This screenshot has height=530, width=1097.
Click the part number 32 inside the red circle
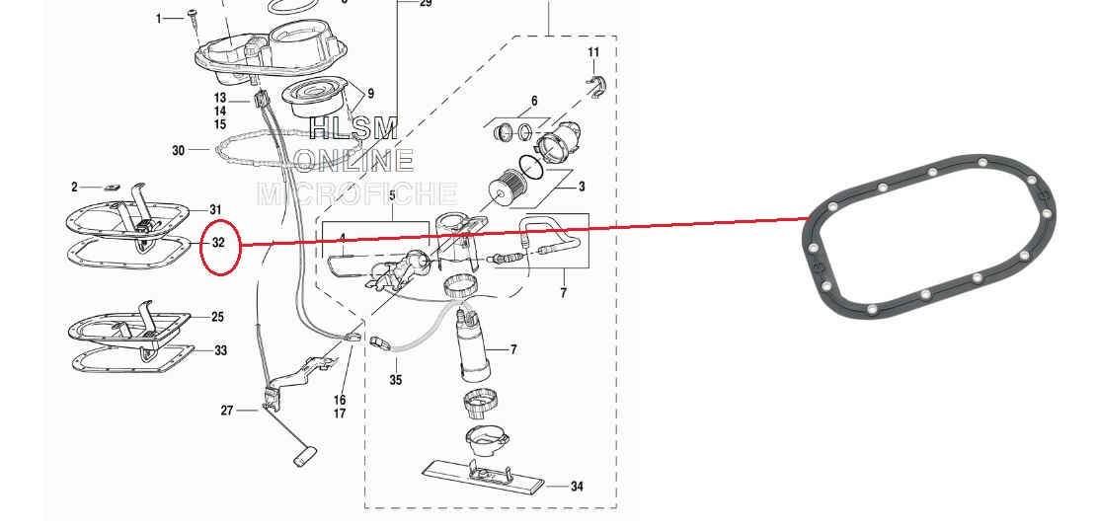(x=218, y=243)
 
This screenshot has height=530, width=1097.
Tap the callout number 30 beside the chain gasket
(x=179, y=150)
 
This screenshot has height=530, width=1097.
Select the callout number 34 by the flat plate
(x=577, y=486)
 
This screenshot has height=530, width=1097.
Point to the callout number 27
(x=227, y=411)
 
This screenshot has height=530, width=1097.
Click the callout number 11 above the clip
(x=593, y=51)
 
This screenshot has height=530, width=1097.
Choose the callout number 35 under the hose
(x=396, y=380)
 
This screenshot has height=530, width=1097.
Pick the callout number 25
(x=217, y=317)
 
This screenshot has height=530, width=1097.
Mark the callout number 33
(x=220, y=350)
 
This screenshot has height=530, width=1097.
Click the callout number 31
(x=215, y=210)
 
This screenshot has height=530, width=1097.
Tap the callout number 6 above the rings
(x=534, y=102)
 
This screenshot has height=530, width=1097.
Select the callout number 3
(x=582, y=187)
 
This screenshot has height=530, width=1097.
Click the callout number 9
(x=370, y=93)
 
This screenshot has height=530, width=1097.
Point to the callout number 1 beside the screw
(x=159, y=18)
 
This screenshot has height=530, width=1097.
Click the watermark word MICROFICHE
(x=357, y=193)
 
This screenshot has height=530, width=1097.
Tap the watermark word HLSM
(x=354, y=128)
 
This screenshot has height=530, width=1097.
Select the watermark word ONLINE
(x=354, y=161)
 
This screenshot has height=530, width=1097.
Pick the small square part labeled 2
(x=112, y=188)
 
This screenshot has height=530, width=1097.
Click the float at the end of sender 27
(x=304, y=457)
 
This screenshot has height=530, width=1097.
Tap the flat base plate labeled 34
(x=483, y=477)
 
